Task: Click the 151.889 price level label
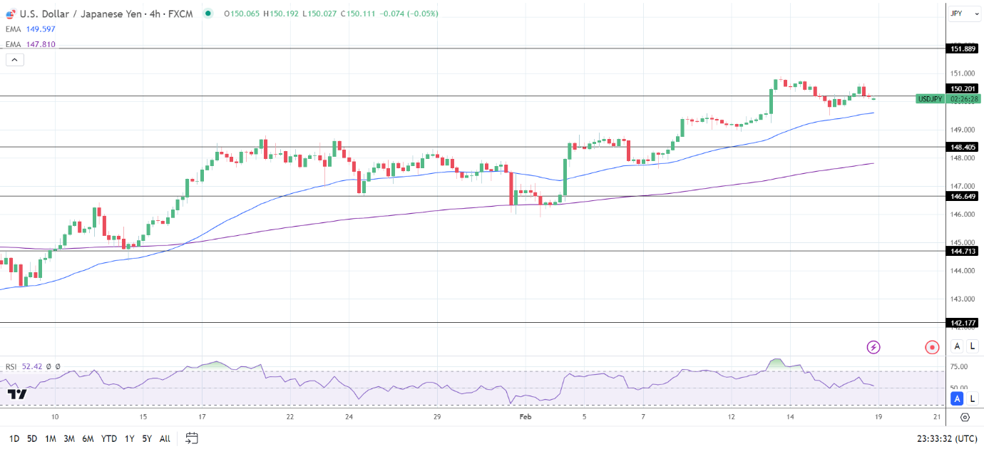[x=963, y=48]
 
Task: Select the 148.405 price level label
[x=963, y=147]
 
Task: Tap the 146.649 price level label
[x=963, y=196]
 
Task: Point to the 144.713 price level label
[x=963, y=251]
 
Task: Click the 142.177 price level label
[x=963, y=323]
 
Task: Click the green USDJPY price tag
[x=931, y=99]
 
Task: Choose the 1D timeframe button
[x=14, y=438]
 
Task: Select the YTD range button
[x=109, y=438]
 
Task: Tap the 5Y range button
[x=146, y=438]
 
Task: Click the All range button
[x=165, y=438]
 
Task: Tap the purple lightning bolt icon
[x=873, y=347]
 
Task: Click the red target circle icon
[x=932, y=347]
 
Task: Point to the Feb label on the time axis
[x=526, y=417]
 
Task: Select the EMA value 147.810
[x=40, y=44]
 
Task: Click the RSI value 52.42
[x=32, y=367]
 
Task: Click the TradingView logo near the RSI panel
[x=17, y=394]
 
